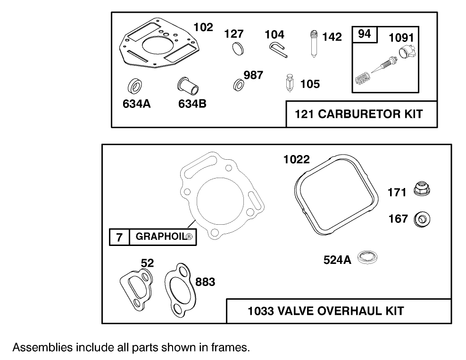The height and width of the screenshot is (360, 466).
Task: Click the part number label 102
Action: click(203, 27)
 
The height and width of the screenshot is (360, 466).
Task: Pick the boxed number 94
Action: click(365, 34)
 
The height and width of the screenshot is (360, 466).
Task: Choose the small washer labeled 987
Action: click(239, 85)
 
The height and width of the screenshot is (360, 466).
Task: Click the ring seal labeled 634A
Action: click(135, 87)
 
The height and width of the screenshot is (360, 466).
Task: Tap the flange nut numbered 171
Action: click(422, 190)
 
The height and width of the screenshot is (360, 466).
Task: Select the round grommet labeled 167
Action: click(421, 219)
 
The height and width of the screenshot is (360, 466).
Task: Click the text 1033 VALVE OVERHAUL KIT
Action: click(325, 311)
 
